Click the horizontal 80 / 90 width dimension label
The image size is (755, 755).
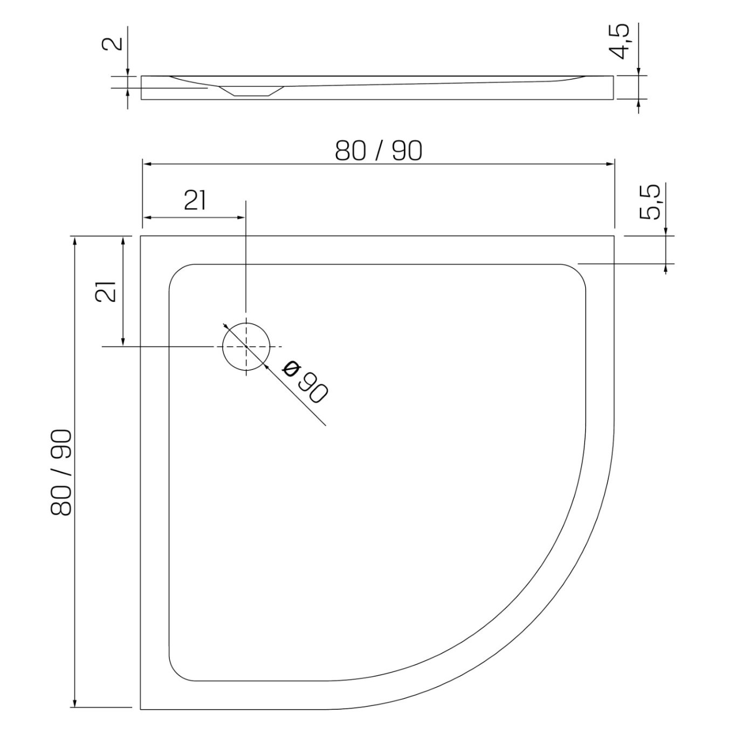tap(379, 151)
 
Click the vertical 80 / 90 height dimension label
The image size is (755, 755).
tap(61, 472)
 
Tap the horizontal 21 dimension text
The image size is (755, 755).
tap(195, 201)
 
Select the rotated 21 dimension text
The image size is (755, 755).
tap(106, 292)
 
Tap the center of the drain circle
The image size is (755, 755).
tap(246, 347)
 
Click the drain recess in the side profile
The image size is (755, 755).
tap(251, 91)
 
